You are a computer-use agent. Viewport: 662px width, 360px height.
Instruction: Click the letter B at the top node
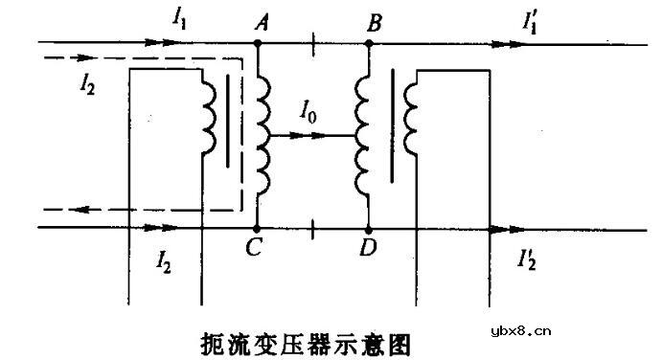pyautogui.click(x=376, y=22)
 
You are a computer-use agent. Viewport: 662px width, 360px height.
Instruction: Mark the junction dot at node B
pyautogui.click(x=368, y=43)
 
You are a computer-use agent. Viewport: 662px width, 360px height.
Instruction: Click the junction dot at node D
pyautogui.click(x=368, y=230)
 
